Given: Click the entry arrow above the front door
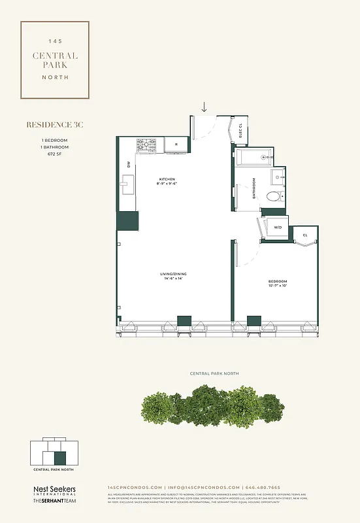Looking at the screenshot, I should coord(205,107).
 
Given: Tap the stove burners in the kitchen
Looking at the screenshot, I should coord(146,145).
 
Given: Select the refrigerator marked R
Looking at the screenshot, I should coord(176,145).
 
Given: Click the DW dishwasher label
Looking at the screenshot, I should coord(129,165).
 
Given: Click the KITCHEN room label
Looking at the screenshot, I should coord(166,180).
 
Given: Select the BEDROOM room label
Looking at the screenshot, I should coord(278,282).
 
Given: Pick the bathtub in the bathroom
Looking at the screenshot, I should coord(253,157).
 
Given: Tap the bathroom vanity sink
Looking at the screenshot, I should coord(278,175).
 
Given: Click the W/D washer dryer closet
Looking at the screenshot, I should coord(277,228).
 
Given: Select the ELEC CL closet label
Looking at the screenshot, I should coord(240,131).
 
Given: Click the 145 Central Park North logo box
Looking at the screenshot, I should coord(55,59).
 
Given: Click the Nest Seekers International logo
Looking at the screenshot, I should coord(55,490).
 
